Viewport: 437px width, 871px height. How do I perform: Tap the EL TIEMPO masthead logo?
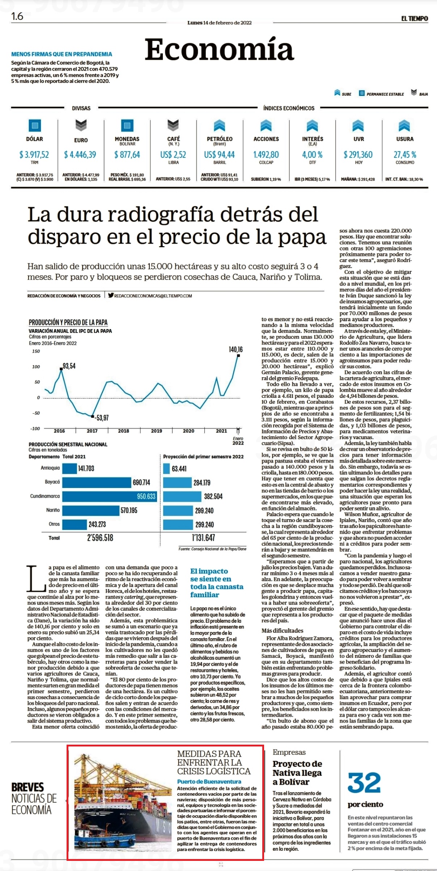click(x=414, y=18)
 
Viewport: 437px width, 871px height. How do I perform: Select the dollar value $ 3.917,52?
click(x=34, y=155)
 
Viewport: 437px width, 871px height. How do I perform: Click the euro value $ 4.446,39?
click(x=80, y=155)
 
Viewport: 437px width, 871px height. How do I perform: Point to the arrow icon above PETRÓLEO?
click(x=219, y=126)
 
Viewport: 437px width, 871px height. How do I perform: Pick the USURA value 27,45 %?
click(x=405, y=155)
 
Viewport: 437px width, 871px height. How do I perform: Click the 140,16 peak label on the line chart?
click(x=236, y=349)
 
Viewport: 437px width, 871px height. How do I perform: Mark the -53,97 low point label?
click(x=102, y=418)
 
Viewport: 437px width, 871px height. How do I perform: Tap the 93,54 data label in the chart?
click(x=69, y=366)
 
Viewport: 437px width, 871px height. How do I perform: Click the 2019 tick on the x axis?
click(x=156, y=431)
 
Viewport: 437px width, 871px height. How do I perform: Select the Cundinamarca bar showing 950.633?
click(x=110, y=496)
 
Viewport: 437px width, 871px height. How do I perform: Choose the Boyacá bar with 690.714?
click(x=97, y=483)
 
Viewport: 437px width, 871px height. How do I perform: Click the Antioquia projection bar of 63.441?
click(x=166, y=469)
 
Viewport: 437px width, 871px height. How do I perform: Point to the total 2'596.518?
click(x=100, y=538)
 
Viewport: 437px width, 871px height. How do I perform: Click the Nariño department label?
click(x=53, y=510)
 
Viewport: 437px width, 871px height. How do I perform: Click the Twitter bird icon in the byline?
click(x=111, y=295)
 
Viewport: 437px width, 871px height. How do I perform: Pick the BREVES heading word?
click(x=27, y=787)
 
